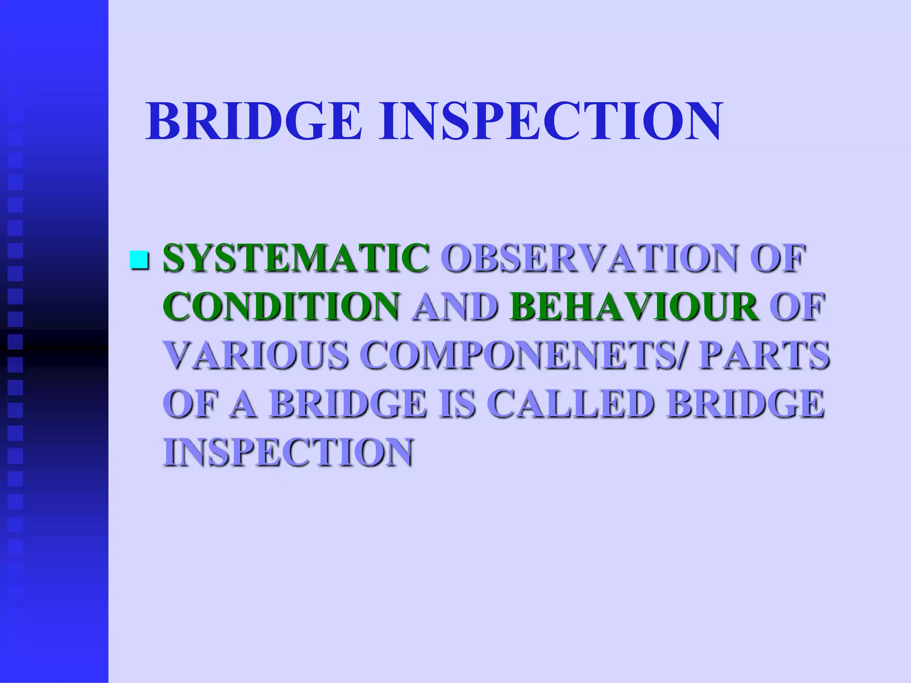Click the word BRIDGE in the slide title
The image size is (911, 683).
tap(254, 121)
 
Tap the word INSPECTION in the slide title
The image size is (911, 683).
tap(550, 121)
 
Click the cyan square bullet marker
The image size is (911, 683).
tap(138, 260)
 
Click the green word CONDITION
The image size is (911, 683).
tap(281, 306)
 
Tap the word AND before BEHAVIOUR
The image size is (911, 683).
tap(455, 306)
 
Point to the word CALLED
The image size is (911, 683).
tap(573, 404)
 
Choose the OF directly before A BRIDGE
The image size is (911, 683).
tap(189, 404)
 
